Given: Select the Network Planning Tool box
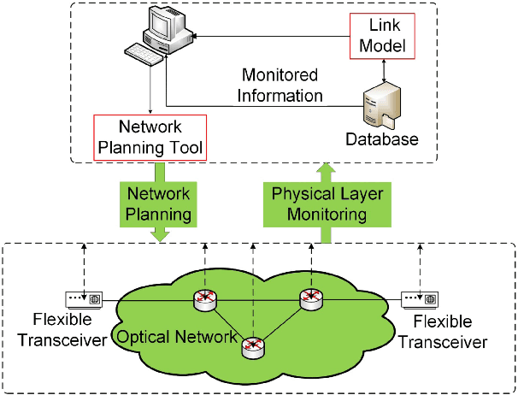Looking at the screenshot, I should [149, 138].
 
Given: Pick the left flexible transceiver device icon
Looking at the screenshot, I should [84, 299].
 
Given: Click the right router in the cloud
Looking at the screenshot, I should [309, 299].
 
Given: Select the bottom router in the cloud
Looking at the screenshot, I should [252, 346].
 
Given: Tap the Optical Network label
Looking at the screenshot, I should [178, 336].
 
